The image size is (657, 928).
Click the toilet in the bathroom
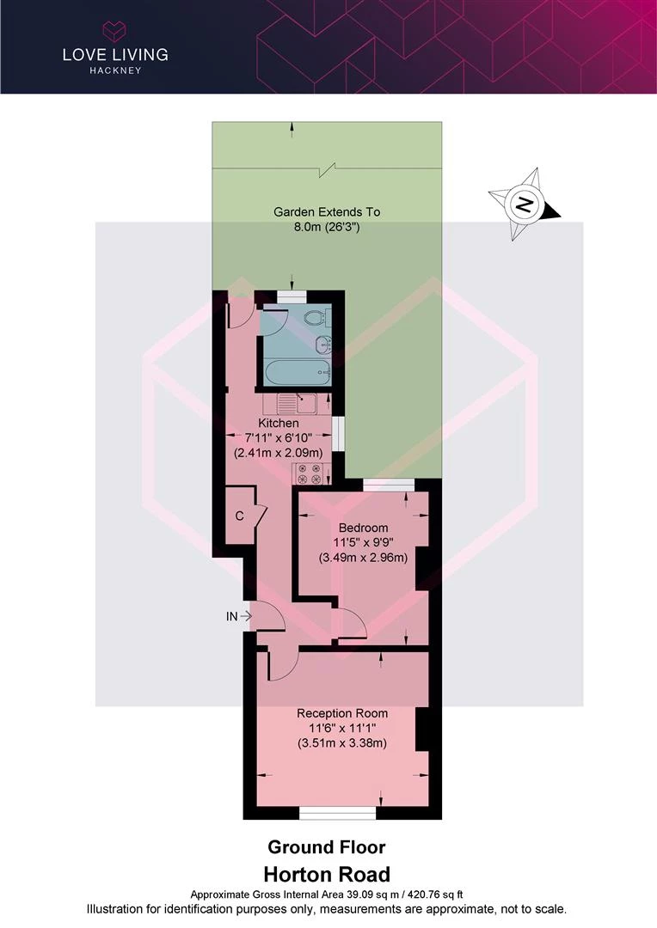316,318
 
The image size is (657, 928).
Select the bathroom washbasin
323,343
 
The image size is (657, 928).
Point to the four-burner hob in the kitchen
308,474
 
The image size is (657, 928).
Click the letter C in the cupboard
239,516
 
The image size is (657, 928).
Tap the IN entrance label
231,616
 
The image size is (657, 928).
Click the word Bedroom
363,528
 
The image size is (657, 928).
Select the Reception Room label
342,713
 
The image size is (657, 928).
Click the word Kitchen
279,423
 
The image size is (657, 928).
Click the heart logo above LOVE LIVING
114,30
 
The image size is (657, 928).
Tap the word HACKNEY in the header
115,70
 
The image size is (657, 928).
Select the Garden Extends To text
327,212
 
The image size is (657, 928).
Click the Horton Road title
327,874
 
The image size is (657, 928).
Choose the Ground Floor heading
327,847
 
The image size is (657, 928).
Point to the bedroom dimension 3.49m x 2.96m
363,557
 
